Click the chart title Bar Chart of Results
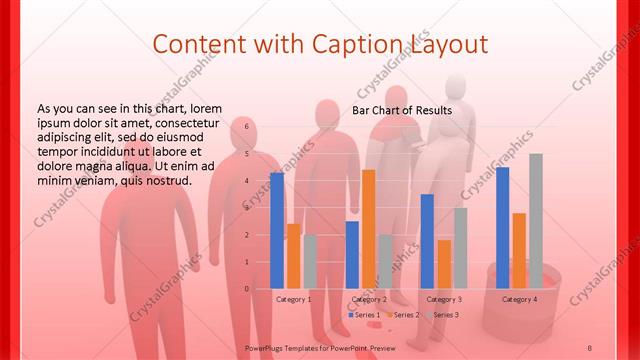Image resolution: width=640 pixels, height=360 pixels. (x=401, y=110)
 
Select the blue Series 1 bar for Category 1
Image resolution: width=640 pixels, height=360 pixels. (x=277, y=230)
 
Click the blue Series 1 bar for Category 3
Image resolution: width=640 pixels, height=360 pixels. (x=427, y=241)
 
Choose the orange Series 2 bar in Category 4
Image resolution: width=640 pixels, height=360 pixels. (x=519, y=250)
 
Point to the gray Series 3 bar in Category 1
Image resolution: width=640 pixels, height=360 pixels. (x=310, y=261)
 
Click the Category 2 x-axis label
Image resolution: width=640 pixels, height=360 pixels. (x=369, y=299)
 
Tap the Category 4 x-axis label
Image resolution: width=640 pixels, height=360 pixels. (x=519, y=299)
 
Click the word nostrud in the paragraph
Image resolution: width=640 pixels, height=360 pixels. (x=164, y=180)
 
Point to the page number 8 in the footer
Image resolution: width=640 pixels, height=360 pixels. (x=589, y=346)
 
